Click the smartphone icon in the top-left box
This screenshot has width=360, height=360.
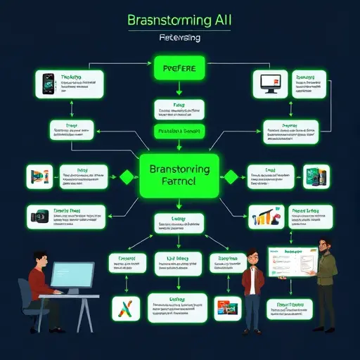(46, 85)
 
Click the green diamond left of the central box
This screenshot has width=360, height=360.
(127, 176)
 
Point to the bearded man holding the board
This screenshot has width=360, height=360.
(326, 271)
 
